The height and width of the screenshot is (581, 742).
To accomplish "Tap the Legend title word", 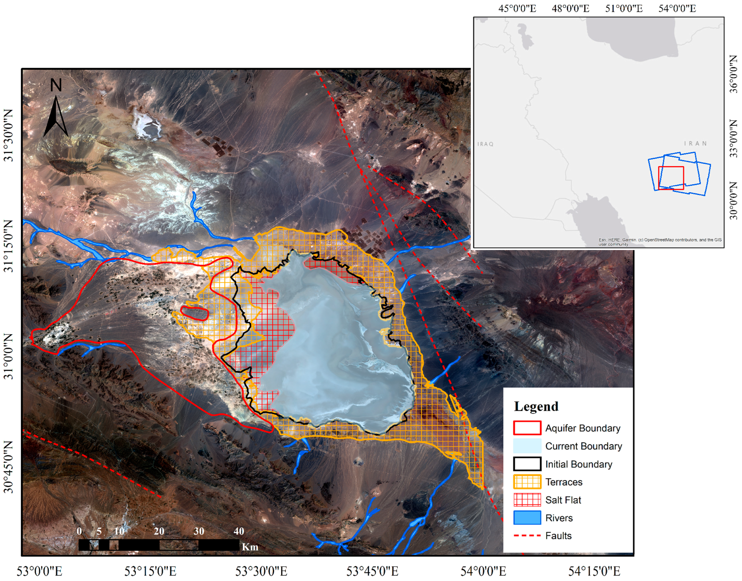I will click(536, 407).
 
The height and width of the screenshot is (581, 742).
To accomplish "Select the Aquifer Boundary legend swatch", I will click(527, 428).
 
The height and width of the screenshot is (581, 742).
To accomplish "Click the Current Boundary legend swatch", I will click(527, 446).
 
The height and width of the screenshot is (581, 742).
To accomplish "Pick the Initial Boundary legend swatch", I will click(527, 464).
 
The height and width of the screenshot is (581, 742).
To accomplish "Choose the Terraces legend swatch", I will click(527, 482).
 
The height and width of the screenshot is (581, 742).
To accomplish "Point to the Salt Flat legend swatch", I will click(527, 500).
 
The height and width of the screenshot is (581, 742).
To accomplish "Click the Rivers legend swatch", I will click(527, 518).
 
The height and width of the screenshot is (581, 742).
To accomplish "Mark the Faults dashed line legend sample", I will click(527, 536).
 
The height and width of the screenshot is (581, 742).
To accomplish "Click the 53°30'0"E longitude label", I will click(261, 572).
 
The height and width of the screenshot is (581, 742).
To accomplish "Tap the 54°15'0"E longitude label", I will click(594, 572).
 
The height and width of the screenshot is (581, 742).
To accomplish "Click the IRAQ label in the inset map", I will click(485, 144).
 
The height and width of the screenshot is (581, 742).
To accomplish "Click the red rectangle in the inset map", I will click(671, 178).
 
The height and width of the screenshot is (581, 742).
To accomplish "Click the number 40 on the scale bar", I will click(239, 531).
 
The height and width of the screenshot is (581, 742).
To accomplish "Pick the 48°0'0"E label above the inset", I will click(570, 8).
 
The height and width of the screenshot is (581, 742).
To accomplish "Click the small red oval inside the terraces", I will click(194, 313).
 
